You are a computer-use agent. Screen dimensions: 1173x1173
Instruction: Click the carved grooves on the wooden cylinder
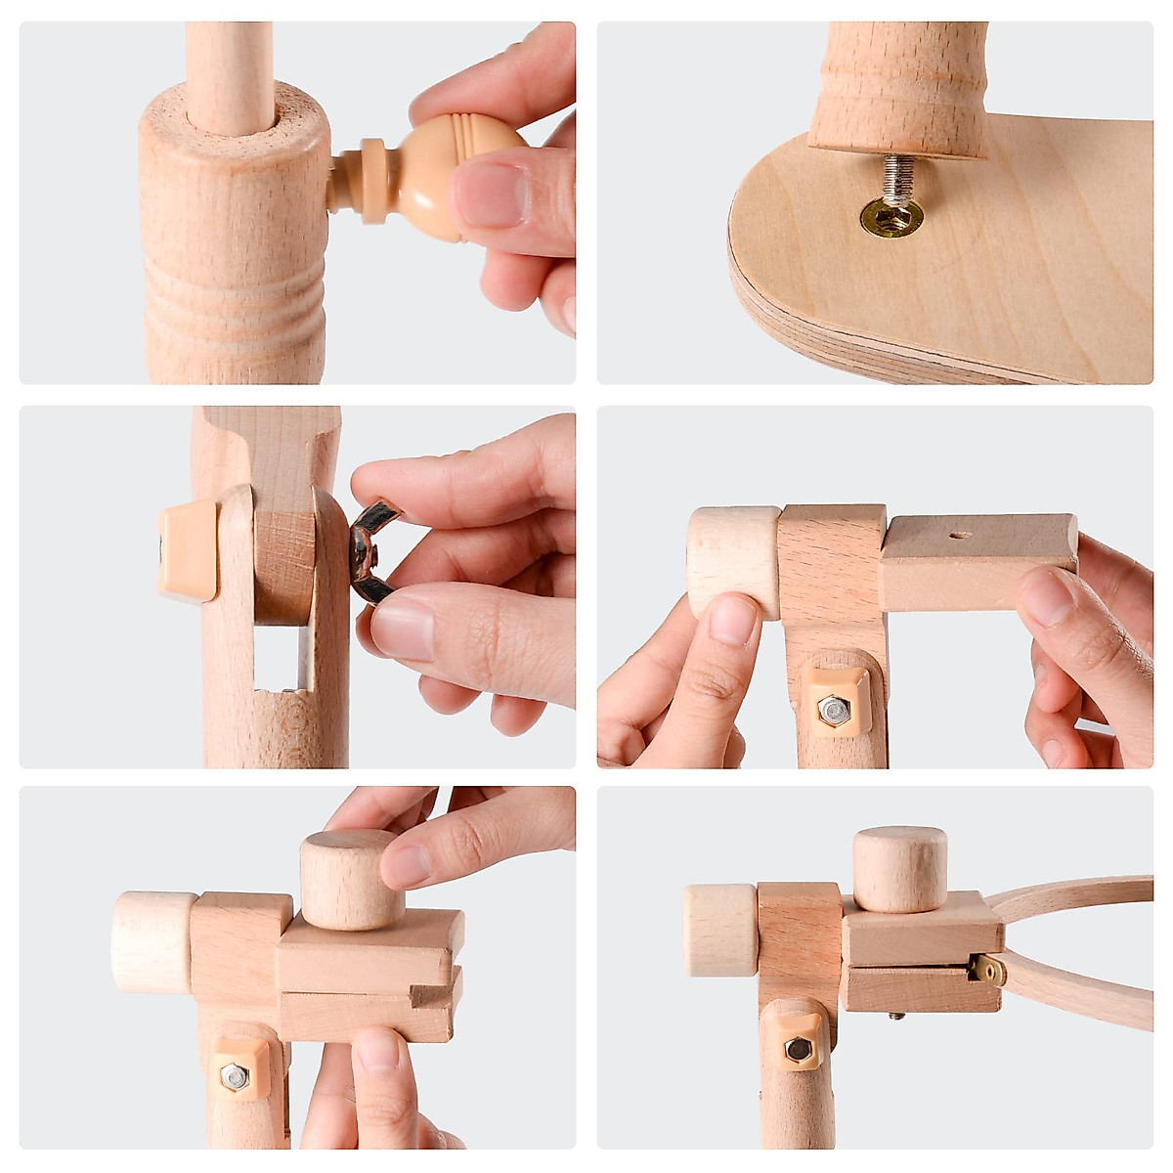point(235,293)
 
